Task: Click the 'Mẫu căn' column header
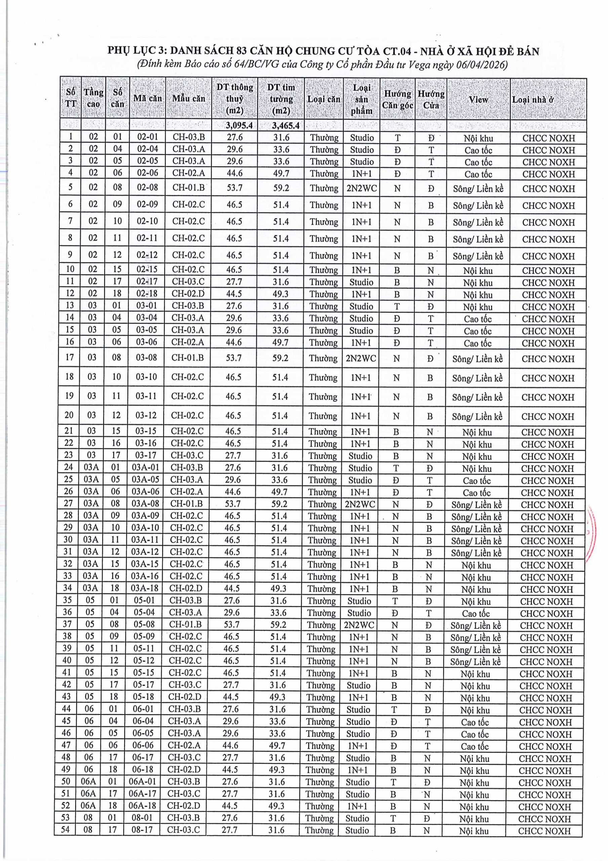[189, 99]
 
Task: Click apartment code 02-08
[147, 187]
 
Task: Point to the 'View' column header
[478, 99]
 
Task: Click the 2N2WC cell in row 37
[359, 625]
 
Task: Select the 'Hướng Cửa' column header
[431, 99]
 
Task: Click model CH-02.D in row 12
[188, 294]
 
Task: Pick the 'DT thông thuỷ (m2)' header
[235, 99]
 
